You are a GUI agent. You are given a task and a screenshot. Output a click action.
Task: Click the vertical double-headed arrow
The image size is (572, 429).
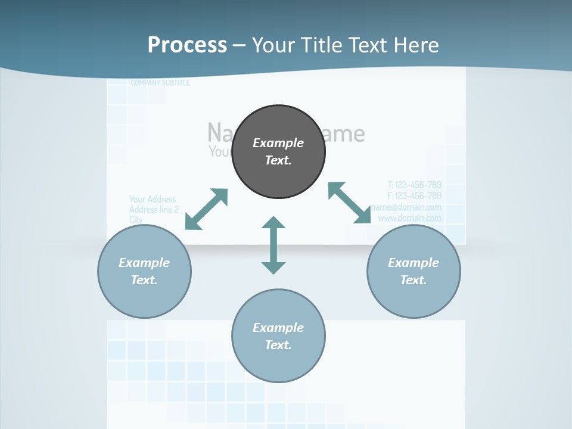tap(273, 245)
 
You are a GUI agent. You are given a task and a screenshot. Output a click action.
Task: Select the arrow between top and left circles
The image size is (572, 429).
tap(206, 209)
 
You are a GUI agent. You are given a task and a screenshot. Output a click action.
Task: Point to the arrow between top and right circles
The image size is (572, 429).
tap(350, 203)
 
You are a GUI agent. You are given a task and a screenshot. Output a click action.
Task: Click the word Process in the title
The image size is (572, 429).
tap(187, 45)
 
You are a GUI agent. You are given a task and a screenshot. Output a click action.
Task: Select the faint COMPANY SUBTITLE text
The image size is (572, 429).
tap(160, 83)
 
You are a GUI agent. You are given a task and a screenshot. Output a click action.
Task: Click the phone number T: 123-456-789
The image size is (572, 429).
tap(415, 185)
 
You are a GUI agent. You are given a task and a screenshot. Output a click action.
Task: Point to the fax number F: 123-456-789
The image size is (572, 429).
tap(415, 195)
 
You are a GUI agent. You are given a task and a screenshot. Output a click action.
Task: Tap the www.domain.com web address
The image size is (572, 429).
tap(410, 218)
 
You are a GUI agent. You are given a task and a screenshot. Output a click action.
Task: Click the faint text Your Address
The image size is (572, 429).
tap(153, 199)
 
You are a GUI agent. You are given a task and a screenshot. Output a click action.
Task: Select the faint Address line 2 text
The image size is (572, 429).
tap(154, 210)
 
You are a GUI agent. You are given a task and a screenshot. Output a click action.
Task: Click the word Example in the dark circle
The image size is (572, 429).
tap(278, 143)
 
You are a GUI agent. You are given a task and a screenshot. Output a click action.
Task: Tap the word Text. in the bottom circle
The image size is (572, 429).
tap(278, 345)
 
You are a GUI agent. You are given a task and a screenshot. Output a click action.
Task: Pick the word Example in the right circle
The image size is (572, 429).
tap(414, 263)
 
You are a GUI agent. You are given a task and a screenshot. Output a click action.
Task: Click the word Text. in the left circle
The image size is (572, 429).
tap(144, 280)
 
